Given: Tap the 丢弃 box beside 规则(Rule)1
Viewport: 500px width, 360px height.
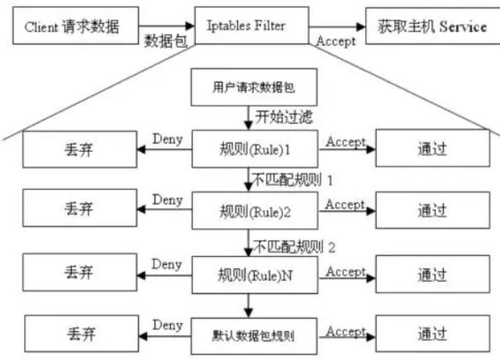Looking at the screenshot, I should [x=79, y=151].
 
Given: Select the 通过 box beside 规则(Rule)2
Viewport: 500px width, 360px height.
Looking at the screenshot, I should [x=431, y=211].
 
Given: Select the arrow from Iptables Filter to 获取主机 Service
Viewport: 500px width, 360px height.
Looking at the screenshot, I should [x=336, y=26].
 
